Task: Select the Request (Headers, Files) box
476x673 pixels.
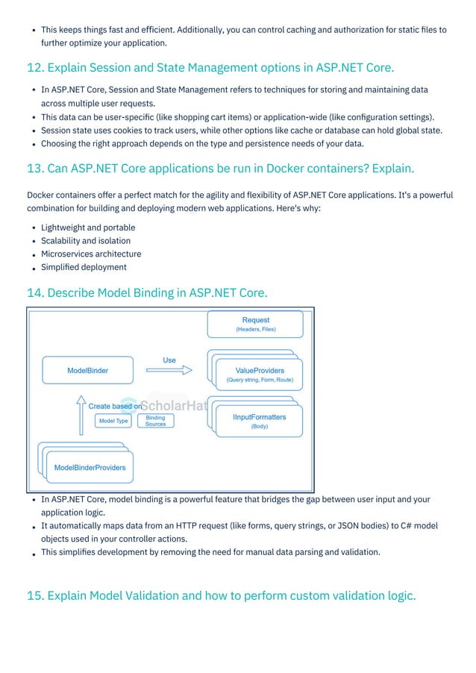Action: point(255,324)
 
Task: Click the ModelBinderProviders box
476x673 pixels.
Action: point(90,468)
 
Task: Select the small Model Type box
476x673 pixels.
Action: point(113,421)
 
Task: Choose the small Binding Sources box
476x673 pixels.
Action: point(155,421)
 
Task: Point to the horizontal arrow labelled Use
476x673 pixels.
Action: point(169,370)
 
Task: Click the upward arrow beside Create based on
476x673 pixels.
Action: point(81,415)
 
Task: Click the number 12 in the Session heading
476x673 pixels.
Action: point(34,69)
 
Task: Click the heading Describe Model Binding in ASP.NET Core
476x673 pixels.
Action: point(147,292)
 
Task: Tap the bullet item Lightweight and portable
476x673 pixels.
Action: point(88,228)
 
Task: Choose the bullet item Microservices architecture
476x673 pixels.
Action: point(91,254)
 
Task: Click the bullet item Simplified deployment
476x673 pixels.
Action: point(84,267)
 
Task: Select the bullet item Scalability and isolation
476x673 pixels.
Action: point(86,241)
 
